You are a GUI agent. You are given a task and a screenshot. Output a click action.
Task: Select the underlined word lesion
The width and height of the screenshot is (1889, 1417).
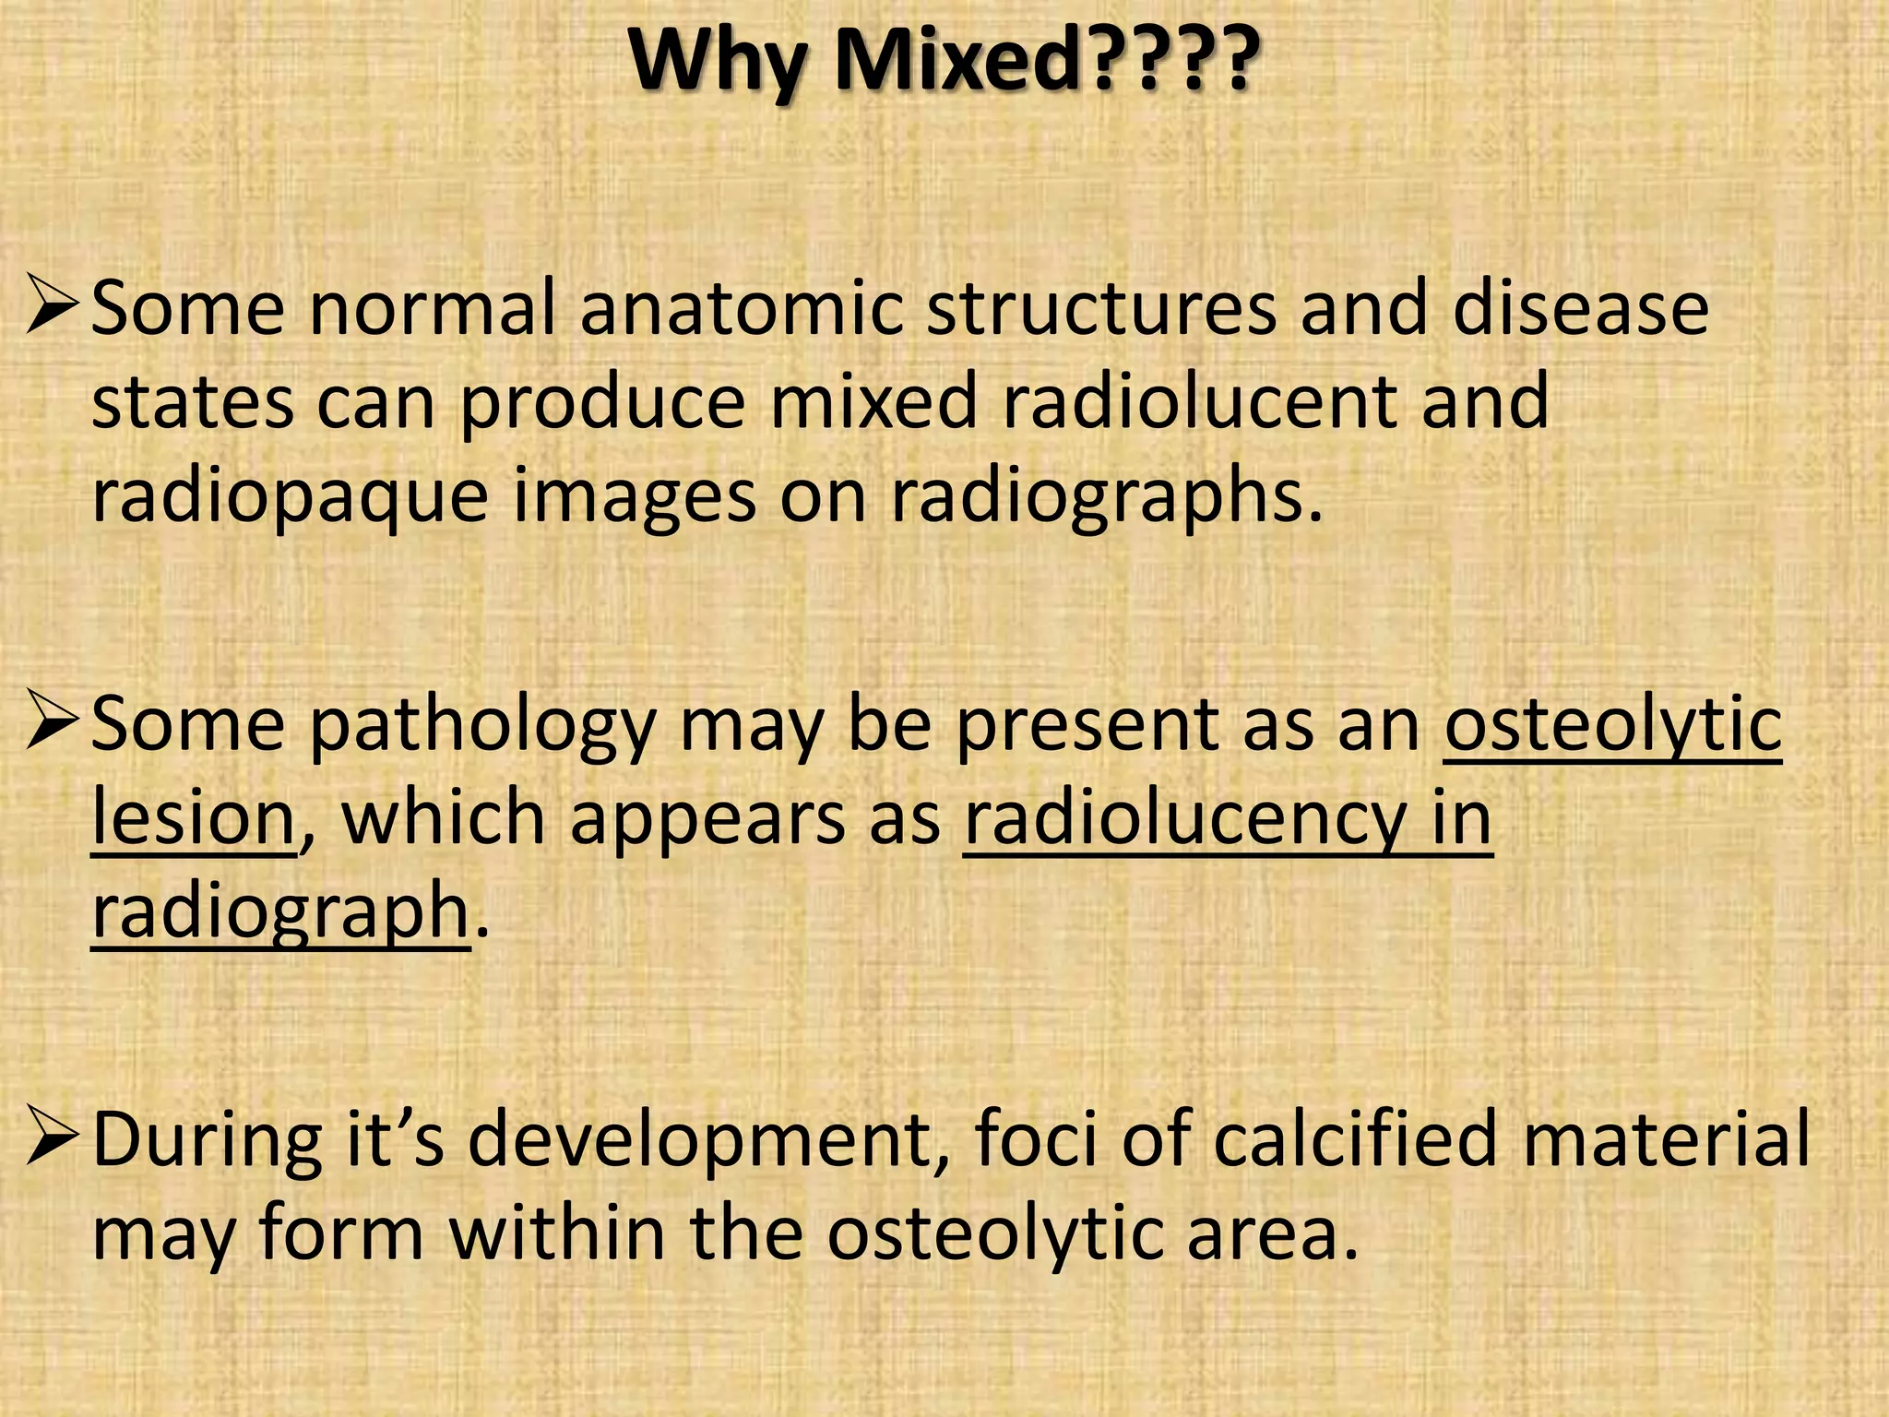(x=193, y=819)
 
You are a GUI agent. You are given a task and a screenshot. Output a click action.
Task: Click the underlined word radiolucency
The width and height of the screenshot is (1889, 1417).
(x=1183, y=819)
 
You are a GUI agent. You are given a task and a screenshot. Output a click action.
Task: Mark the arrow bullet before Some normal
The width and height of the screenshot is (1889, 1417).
(x=54, y=310)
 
